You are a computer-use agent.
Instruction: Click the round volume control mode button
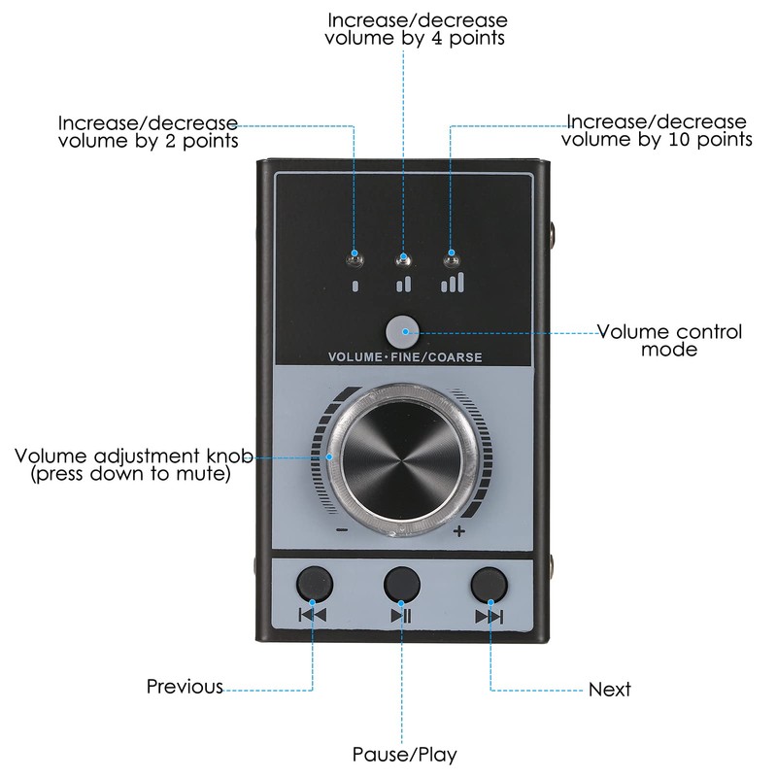click(x=401, y=332)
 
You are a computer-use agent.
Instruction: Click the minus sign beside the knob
click(x=342, y=530)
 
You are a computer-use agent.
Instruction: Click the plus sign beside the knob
click(x=459, y=530)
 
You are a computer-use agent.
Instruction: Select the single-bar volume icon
click(x=355, y=286)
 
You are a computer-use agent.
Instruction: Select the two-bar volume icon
click(x=403, y=285)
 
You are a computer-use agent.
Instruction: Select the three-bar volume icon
click(x=452, y=283)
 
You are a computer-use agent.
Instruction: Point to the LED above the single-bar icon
click(x=355, y=258)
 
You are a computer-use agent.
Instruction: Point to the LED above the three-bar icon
click(x=450, y=258)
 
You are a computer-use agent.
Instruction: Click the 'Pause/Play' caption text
click(x=403, y=754)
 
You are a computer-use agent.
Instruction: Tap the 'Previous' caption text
click(x=185, y=687)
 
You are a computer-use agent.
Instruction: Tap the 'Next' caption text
click(x=610, y=690)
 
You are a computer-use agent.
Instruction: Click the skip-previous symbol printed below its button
click(x=314, y=615)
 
